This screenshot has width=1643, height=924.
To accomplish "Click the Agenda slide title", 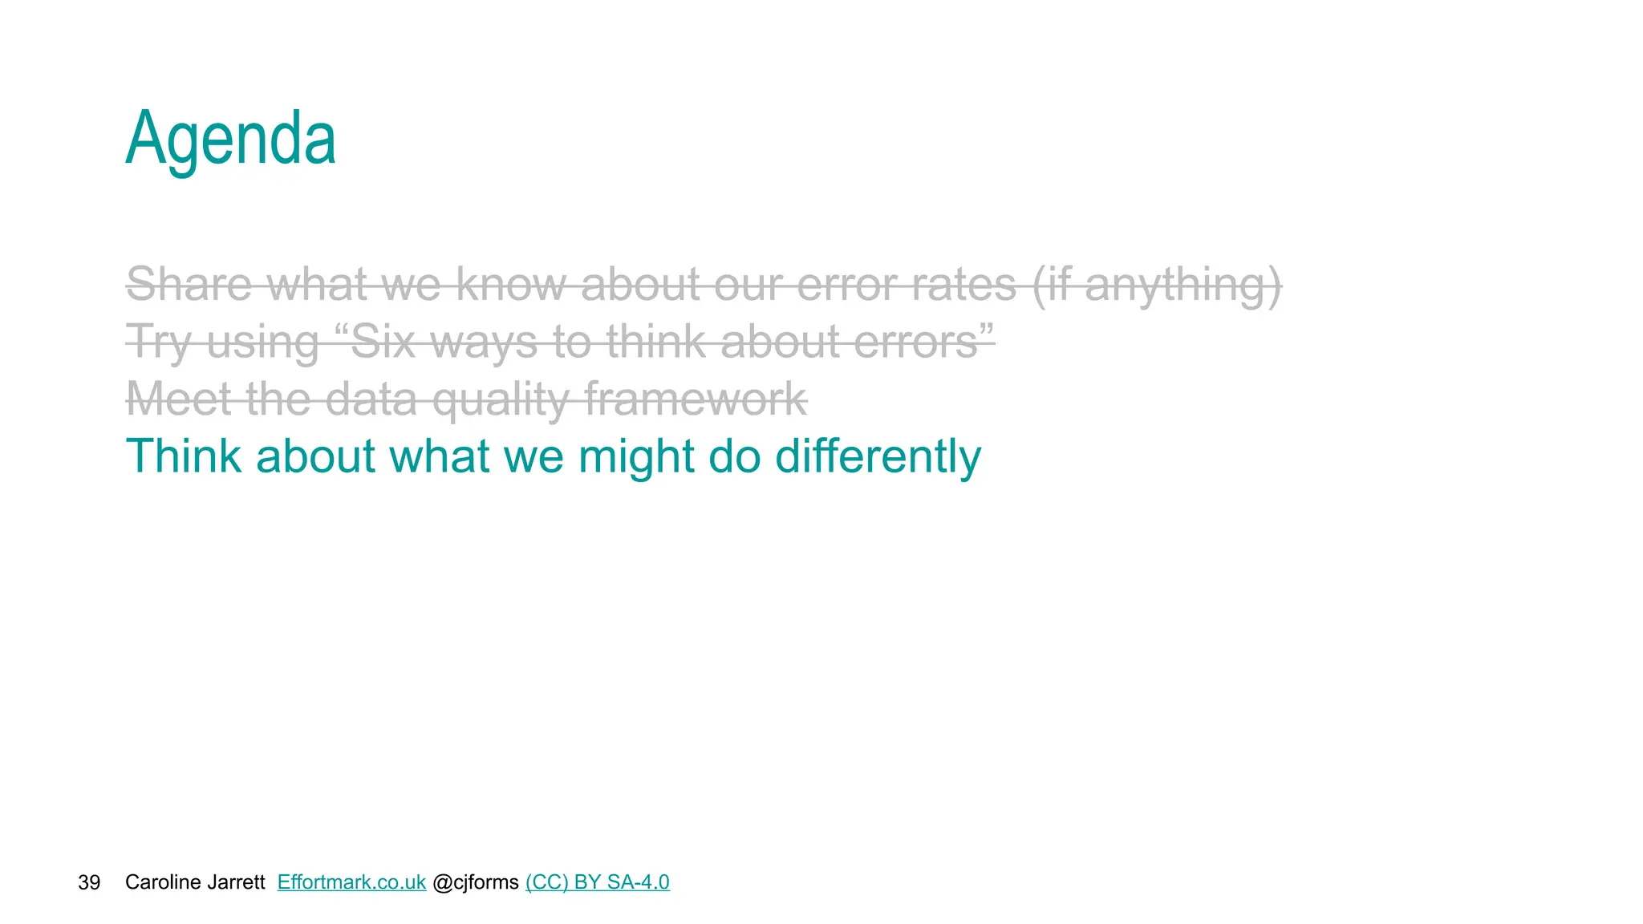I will [231, 140].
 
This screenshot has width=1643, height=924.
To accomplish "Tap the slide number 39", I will [89, 882].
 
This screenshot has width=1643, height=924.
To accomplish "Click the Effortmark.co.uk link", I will [351, 882].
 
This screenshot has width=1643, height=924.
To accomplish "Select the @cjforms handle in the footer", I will [476, 882].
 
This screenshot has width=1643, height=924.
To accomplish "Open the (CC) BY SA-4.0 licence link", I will [597, 882].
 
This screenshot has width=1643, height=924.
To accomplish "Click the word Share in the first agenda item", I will [189, 284].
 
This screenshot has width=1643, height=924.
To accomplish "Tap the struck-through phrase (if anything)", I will [1156, 286].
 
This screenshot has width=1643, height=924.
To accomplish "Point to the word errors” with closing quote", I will [923, 342].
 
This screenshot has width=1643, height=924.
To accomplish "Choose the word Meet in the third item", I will [179, 399].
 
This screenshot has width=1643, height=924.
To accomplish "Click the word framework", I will [696, 399].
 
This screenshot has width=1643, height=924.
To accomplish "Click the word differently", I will [878, 456].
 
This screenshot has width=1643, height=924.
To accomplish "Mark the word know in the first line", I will [511, 284].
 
